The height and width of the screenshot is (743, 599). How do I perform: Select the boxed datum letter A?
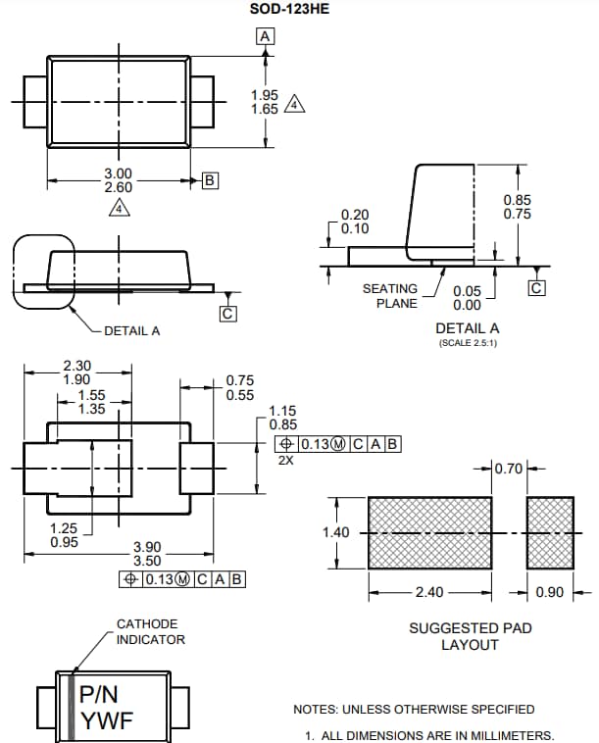click(x=264, y=36)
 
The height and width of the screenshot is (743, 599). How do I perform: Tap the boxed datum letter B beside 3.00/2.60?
click(x=210, y=180)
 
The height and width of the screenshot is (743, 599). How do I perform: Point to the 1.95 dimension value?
click(x=265, y=95)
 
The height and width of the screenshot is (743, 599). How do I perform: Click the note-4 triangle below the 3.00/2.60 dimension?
click(x=118, y=207)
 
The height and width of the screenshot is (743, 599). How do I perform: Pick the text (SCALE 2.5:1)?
click(x=467, y=342)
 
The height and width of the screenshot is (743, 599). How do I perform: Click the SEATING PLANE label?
click(x=390, y=296)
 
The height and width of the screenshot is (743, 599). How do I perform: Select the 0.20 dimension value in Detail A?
click(x=355, y=215)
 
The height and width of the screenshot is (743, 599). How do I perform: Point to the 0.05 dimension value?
click(x=468, y=291)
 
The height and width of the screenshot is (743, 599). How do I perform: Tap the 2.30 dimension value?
click(x=76, y=366)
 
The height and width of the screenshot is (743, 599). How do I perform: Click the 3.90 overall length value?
click(x=148, y=547)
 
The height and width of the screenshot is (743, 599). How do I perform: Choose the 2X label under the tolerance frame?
click(x=285, y=459)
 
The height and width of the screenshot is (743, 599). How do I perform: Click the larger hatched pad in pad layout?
click(x=429, y=533)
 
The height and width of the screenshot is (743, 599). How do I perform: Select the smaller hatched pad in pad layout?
click(x=550, y=533)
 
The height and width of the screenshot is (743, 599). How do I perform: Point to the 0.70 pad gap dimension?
click(x=509, y=469)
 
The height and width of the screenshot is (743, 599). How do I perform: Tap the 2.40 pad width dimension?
click(x=429, y=592)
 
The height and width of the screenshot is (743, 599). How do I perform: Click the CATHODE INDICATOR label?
click(x=150, y=631)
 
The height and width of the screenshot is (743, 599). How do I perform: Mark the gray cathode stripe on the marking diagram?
click(x=72, y=707)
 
